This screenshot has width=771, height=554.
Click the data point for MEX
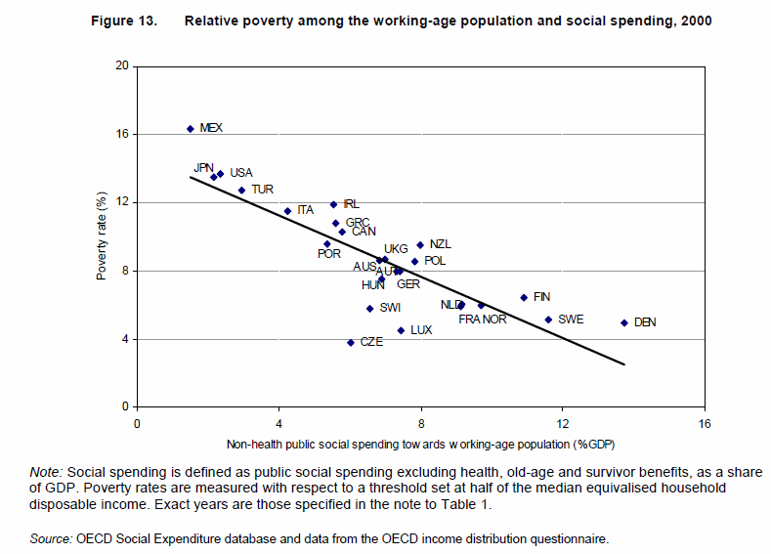[191, 128]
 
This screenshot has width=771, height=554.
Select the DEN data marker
[623, 322]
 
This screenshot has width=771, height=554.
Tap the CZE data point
[351, 343]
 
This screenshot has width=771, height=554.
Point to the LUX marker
[401, 330]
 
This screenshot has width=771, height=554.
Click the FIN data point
[524, 297]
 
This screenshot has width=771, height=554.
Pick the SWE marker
[548, 320]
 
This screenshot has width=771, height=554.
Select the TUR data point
[241, 190]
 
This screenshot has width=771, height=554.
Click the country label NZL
[441, 244]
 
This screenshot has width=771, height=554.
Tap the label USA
[240, 173]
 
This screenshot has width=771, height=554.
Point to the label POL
[435, 261]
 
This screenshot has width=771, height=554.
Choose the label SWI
[390, 308]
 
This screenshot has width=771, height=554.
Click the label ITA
[306, 210]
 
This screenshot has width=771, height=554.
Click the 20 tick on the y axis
[122, 65]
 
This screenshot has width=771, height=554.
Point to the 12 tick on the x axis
[563, 424]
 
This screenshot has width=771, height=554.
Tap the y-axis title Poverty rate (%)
[101, 235]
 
